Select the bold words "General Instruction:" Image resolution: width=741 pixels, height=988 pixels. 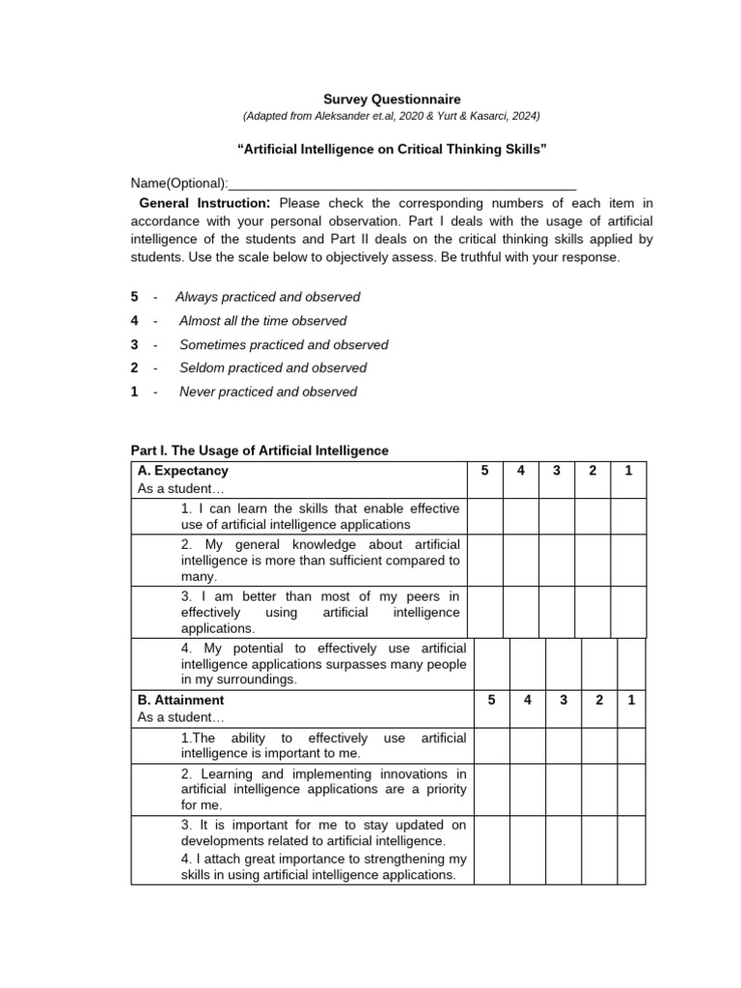tap(205, 204)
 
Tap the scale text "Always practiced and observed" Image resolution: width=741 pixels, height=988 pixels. tap(267, 297)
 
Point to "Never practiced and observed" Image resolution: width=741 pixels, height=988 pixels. tap(267, 392)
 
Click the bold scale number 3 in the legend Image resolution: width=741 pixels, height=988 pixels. tap(135, 344)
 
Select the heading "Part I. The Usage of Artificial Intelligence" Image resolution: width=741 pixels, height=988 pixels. tap(260, 451)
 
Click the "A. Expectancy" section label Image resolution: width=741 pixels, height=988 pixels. tap(183, 471)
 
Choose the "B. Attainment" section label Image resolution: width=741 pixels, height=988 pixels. tap(181, 700)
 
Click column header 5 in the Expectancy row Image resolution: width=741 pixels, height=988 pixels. tap(485, 471)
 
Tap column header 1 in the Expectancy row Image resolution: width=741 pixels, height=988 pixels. tap(628, 471)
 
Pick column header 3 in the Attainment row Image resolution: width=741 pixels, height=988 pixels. tap(563, 700)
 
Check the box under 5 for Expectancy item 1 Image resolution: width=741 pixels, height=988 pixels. tap(485, 516)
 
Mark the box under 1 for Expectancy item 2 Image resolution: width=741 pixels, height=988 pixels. tap(628, 561)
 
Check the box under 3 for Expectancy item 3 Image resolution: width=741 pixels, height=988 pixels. tap(557, 612)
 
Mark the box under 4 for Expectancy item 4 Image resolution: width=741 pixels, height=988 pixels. tap(528, 663)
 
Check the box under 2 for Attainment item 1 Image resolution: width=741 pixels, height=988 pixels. tap(599, 746)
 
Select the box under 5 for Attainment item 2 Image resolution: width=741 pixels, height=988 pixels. tap(491, 789)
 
